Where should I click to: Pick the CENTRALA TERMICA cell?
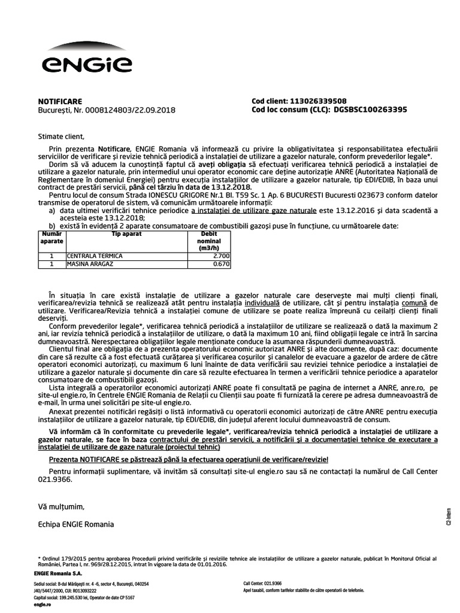click(95, 256)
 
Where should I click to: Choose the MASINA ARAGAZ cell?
click(92, 263)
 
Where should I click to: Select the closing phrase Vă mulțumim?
click(57, 506)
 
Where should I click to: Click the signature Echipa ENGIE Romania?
click(75, 524)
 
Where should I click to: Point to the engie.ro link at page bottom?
click(42, 605)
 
